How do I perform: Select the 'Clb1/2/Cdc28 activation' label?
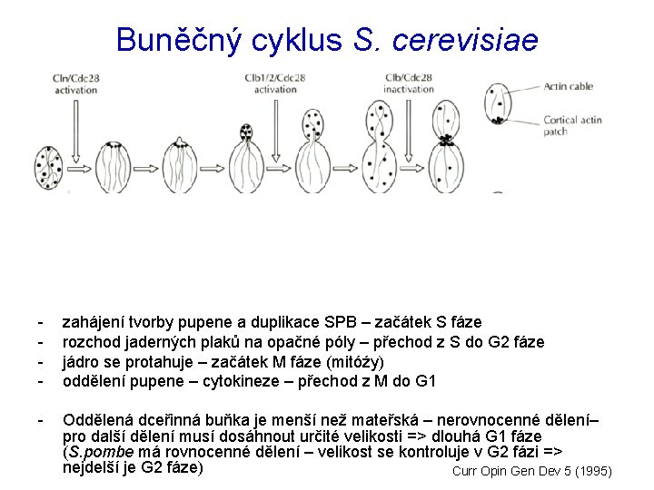point(274,83)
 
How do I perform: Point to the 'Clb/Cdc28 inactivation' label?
point(408,83)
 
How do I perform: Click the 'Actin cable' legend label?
point(569,87)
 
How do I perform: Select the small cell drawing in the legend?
point(498,106)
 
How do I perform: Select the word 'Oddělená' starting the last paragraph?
point(96,421)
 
